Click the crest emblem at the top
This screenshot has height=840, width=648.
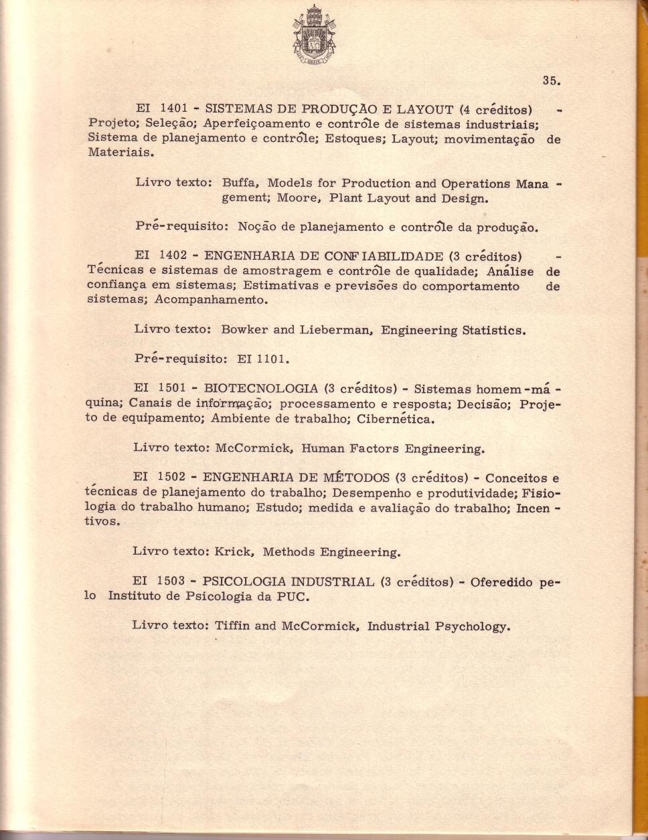click(314, 33)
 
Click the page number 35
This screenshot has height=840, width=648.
click(551, 80)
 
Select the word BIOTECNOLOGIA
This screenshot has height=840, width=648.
click(260, 389)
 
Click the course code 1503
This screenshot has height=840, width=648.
click(171, 582)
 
